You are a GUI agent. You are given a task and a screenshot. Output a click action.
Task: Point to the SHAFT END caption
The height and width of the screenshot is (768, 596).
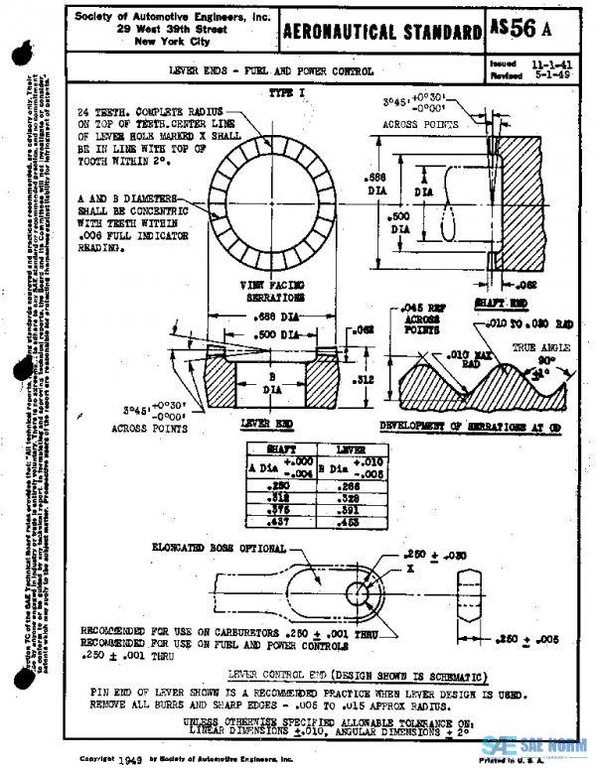click(x=493, y=301)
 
